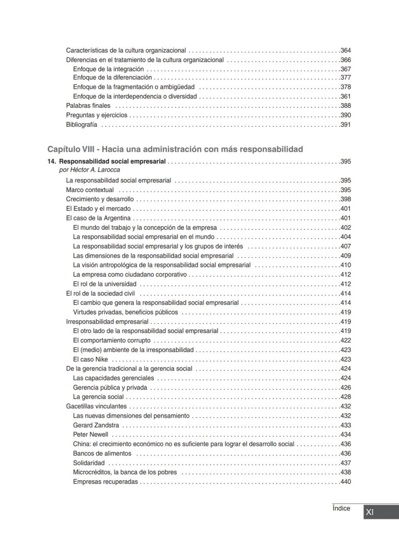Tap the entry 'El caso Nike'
90,359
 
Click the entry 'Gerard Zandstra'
96,425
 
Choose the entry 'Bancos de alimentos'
102,453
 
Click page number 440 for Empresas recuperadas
346,482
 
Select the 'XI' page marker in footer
370,513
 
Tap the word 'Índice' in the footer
341,509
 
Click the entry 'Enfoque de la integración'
108,69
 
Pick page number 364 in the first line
346,51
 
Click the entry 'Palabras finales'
88,105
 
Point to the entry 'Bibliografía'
81,125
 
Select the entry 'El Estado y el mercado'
98,209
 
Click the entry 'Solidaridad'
89,463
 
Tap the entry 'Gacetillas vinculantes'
96,407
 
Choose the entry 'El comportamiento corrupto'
111,341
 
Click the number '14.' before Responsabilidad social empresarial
52,161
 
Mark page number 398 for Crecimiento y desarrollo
346,199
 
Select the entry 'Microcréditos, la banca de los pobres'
125,472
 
